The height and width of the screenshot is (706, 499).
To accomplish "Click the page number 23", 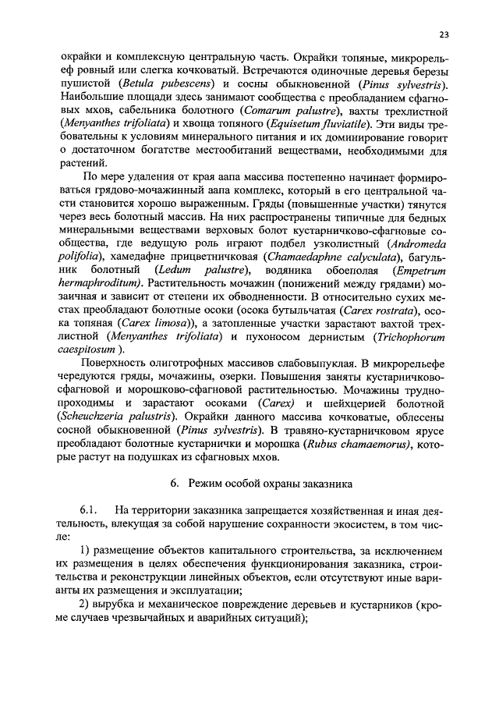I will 444,34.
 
